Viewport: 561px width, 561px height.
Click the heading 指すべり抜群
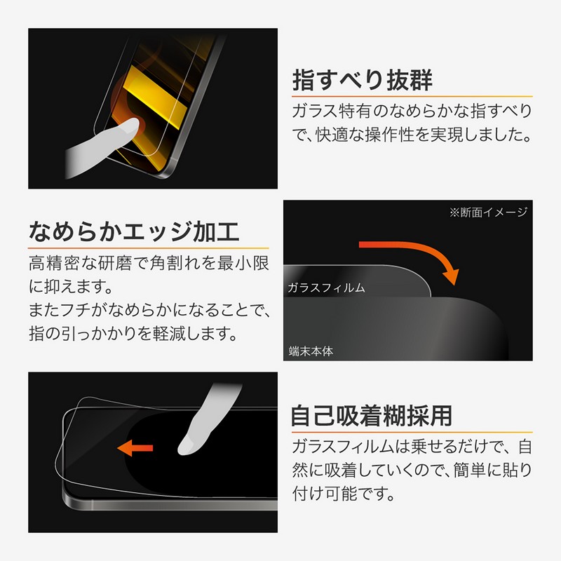point(362,80)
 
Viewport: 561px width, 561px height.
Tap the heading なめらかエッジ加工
point(134,231)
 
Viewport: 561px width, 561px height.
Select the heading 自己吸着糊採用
point(372,416)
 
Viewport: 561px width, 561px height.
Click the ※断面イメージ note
point(488,212)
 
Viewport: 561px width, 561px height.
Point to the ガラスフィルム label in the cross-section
point(326,288)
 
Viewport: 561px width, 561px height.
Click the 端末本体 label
point(311,351)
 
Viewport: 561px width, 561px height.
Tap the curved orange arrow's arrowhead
point(452,276)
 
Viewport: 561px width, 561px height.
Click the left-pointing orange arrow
point(135,448)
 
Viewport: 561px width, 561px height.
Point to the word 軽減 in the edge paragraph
point(169,334)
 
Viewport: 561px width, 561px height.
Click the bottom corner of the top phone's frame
point(162,177)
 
